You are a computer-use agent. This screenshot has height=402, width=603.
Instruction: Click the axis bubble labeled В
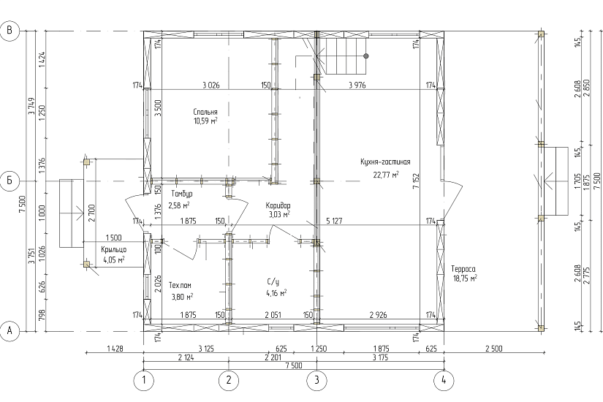click(10, 31)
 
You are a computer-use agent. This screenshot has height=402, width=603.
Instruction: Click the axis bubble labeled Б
click(10, 181)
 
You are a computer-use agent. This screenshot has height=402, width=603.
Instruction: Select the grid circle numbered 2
click(229, 381)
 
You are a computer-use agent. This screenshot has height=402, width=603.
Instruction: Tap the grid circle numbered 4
click(444, 381)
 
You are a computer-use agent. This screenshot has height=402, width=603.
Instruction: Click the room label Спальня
click(205, 112)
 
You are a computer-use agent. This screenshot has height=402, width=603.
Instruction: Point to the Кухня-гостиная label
click(385, 162)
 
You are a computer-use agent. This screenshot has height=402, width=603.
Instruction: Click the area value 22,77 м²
click(386, 175)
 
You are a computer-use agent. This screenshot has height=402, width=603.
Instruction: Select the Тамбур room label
click(182, 194)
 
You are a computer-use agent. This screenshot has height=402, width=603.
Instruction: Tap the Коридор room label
click(278, 205)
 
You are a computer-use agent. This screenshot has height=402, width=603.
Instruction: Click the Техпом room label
click(180, 286)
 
